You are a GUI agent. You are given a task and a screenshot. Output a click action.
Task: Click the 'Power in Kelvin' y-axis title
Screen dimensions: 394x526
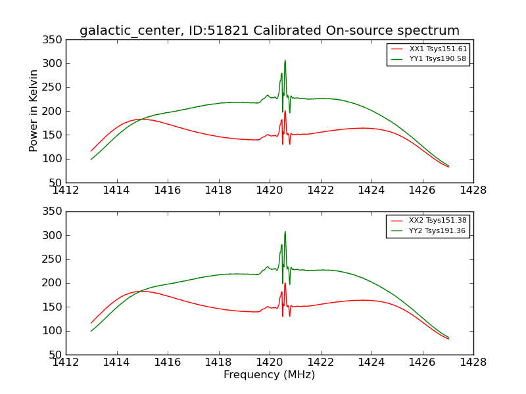34,110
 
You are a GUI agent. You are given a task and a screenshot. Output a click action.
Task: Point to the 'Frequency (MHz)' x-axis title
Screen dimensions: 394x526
269,375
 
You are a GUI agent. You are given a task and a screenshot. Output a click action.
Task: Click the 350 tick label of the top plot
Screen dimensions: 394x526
55,40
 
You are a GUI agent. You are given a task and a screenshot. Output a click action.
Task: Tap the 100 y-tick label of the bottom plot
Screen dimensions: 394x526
55,331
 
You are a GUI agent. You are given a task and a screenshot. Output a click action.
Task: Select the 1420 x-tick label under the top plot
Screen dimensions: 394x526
269,190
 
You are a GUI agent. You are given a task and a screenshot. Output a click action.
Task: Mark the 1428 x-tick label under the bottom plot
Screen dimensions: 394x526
473,362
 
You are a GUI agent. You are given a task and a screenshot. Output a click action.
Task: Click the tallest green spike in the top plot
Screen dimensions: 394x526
285,61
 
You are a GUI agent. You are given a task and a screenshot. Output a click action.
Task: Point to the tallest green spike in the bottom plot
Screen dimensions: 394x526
285,232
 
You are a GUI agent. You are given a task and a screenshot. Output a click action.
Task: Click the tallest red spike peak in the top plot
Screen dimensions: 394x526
285,112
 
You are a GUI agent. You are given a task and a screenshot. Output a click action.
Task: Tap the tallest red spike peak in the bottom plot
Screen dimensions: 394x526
285,283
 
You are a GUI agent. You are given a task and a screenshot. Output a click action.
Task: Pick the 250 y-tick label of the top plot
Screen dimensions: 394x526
55,87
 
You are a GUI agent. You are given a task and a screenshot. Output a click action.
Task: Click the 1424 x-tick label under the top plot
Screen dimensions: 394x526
371,190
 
